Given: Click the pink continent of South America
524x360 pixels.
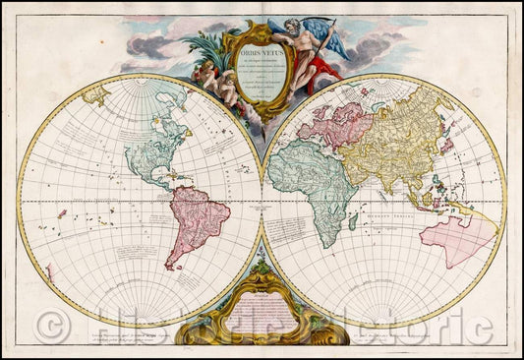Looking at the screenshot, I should [198, 220].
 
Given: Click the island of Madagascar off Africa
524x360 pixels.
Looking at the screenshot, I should [352, 222].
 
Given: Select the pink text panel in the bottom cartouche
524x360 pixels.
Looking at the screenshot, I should [262, 321].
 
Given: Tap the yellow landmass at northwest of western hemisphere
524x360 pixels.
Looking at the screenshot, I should [95, 96].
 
